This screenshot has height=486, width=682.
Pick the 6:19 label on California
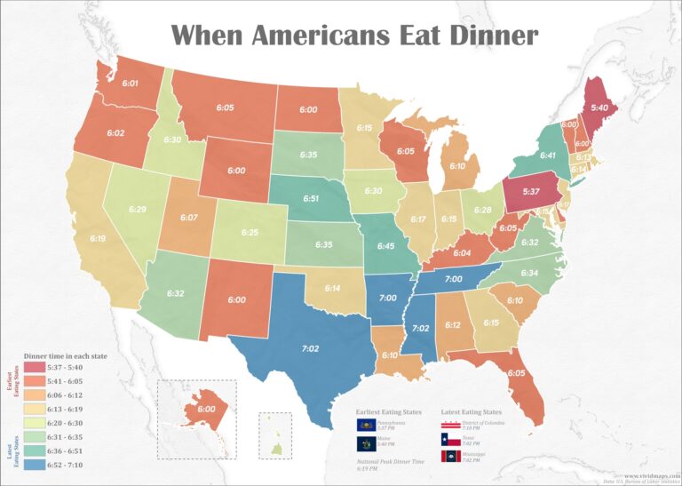97,238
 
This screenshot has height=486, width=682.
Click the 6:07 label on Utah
188,217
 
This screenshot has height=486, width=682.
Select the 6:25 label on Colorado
250,232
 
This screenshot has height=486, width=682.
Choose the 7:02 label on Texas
310,349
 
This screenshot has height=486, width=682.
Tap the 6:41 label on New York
549,155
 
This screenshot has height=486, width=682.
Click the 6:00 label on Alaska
205,409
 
